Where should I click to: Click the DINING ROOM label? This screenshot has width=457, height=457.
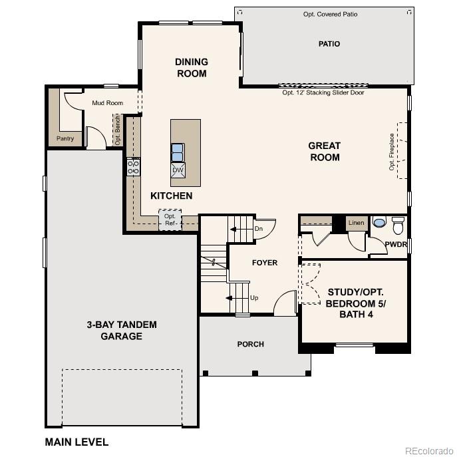[x=192, y=68]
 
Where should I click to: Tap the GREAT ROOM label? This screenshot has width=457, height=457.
[x=325, y=152]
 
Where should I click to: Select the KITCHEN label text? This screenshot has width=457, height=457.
[x=171, y=196]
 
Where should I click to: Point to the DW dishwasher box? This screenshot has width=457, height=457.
[x=178, y=170]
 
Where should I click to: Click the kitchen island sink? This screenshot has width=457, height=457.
[x=178, y=152]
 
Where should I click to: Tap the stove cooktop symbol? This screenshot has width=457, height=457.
[x=133, y=166]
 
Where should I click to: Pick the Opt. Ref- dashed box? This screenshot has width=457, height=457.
[x=170, y=220]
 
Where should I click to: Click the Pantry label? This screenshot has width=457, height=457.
[x=65, y=139]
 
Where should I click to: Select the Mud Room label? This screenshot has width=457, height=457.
[x=107, y=103]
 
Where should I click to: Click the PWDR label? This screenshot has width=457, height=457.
[x=396, y=245]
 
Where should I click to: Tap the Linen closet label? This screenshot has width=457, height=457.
[x=357, y=223]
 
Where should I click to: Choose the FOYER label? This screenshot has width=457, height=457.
[x=264, y=263]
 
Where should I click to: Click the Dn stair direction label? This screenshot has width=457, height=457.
[x=259, y=229]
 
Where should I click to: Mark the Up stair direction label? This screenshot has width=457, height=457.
[x=254, y=298]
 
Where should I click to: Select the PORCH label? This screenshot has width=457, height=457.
[x=251, y=344]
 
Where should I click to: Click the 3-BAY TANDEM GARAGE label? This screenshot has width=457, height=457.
[x=122, y=331]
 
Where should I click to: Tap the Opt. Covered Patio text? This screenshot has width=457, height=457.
[x=330, y=14]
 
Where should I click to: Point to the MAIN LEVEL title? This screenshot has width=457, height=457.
[x=76, y=442]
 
